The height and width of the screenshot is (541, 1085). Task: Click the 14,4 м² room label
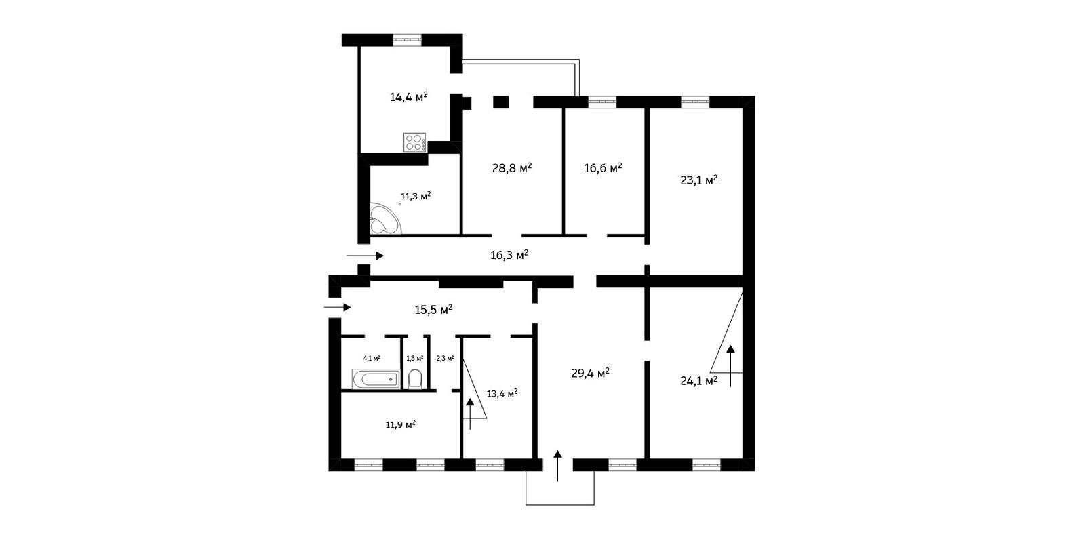[x=409, y=97]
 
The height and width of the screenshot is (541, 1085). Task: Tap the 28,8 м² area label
[x=512, y=168]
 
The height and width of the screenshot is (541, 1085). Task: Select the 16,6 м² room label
[x=603, y=168]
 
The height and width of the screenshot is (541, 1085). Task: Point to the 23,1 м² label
[x=699, y=180]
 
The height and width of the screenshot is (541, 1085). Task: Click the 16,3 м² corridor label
[x=509, y=255]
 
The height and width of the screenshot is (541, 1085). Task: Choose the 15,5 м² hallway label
[x=433, y=310]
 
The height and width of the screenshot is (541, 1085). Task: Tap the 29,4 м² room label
[x=591, y=373]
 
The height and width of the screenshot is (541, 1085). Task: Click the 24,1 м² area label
[x=699, y=381]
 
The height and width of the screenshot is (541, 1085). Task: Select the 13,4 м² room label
[x=502, y=393]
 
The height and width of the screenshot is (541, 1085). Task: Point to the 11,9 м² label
[x=401, y=425]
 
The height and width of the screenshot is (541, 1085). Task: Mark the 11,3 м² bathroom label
[x=416, y=196]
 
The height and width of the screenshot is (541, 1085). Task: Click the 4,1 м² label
[x=372, y=359]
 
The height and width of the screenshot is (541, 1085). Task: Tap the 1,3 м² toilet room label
[x=414, y=359]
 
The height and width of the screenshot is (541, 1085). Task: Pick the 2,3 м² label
[x=445, y=359]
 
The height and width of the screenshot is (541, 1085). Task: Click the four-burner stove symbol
[x=415, y=142]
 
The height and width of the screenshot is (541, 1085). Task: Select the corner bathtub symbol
[x=385, y=219]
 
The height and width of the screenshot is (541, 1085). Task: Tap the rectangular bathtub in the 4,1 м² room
[x=376, y=379]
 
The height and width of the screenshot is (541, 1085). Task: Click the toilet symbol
[x=415, y=379]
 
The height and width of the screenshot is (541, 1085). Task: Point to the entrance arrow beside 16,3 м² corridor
[x=366, y=255]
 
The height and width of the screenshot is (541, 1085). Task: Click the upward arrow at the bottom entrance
[x=557, y=466]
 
